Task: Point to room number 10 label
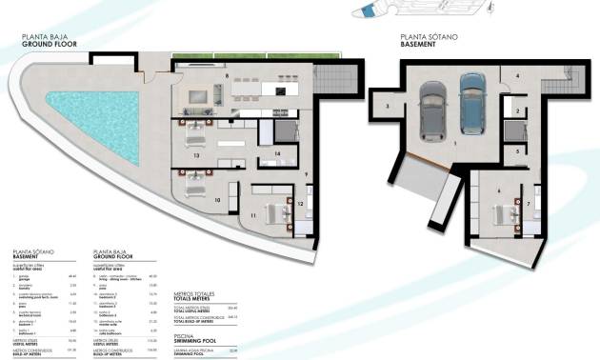[x=217, y=200]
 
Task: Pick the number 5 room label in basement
[x=518, y=151]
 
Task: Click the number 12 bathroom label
[x=300, y=203]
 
